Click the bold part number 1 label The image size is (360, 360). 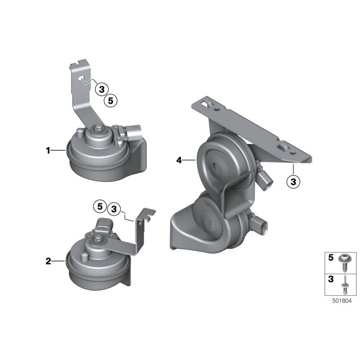click(48, 151)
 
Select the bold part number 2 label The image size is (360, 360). click(48, 261)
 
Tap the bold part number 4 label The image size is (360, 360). click(179, 160)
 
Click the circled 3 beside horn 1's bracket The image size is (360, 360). click(102, 89)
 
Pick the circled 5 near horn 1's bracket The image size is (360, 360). click(111, 100)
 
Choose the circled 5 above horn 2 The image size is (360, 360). click(99, 207)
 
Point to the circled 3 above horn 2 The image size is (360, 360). click(114, 209)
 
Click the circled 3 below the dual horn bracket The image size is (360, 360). click(293, 182)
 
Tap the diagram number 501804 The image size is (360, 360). click(342, 301)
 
